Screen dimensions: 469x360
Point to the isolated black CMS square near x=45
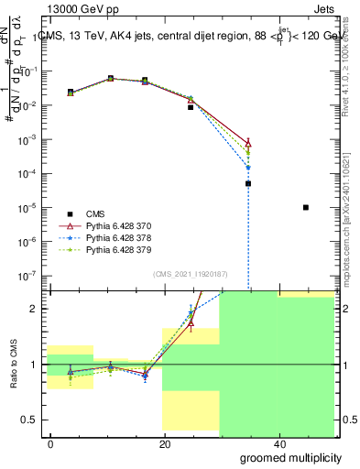[306, 208]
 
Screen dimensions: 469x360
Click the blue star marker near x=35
[248, 168]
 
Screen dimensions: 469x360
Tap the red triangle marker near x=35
[248, 142]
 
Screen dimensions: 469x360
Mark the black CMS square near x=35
[248, 183]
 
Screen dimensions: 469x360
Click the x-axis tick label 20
[164, 444]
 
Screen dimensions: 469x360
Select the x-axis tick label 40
[278, 444]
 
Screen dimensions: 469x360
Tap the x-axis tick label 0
[51, 444]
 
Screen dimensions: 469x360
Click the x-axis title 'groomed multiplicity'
[292, 457]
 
